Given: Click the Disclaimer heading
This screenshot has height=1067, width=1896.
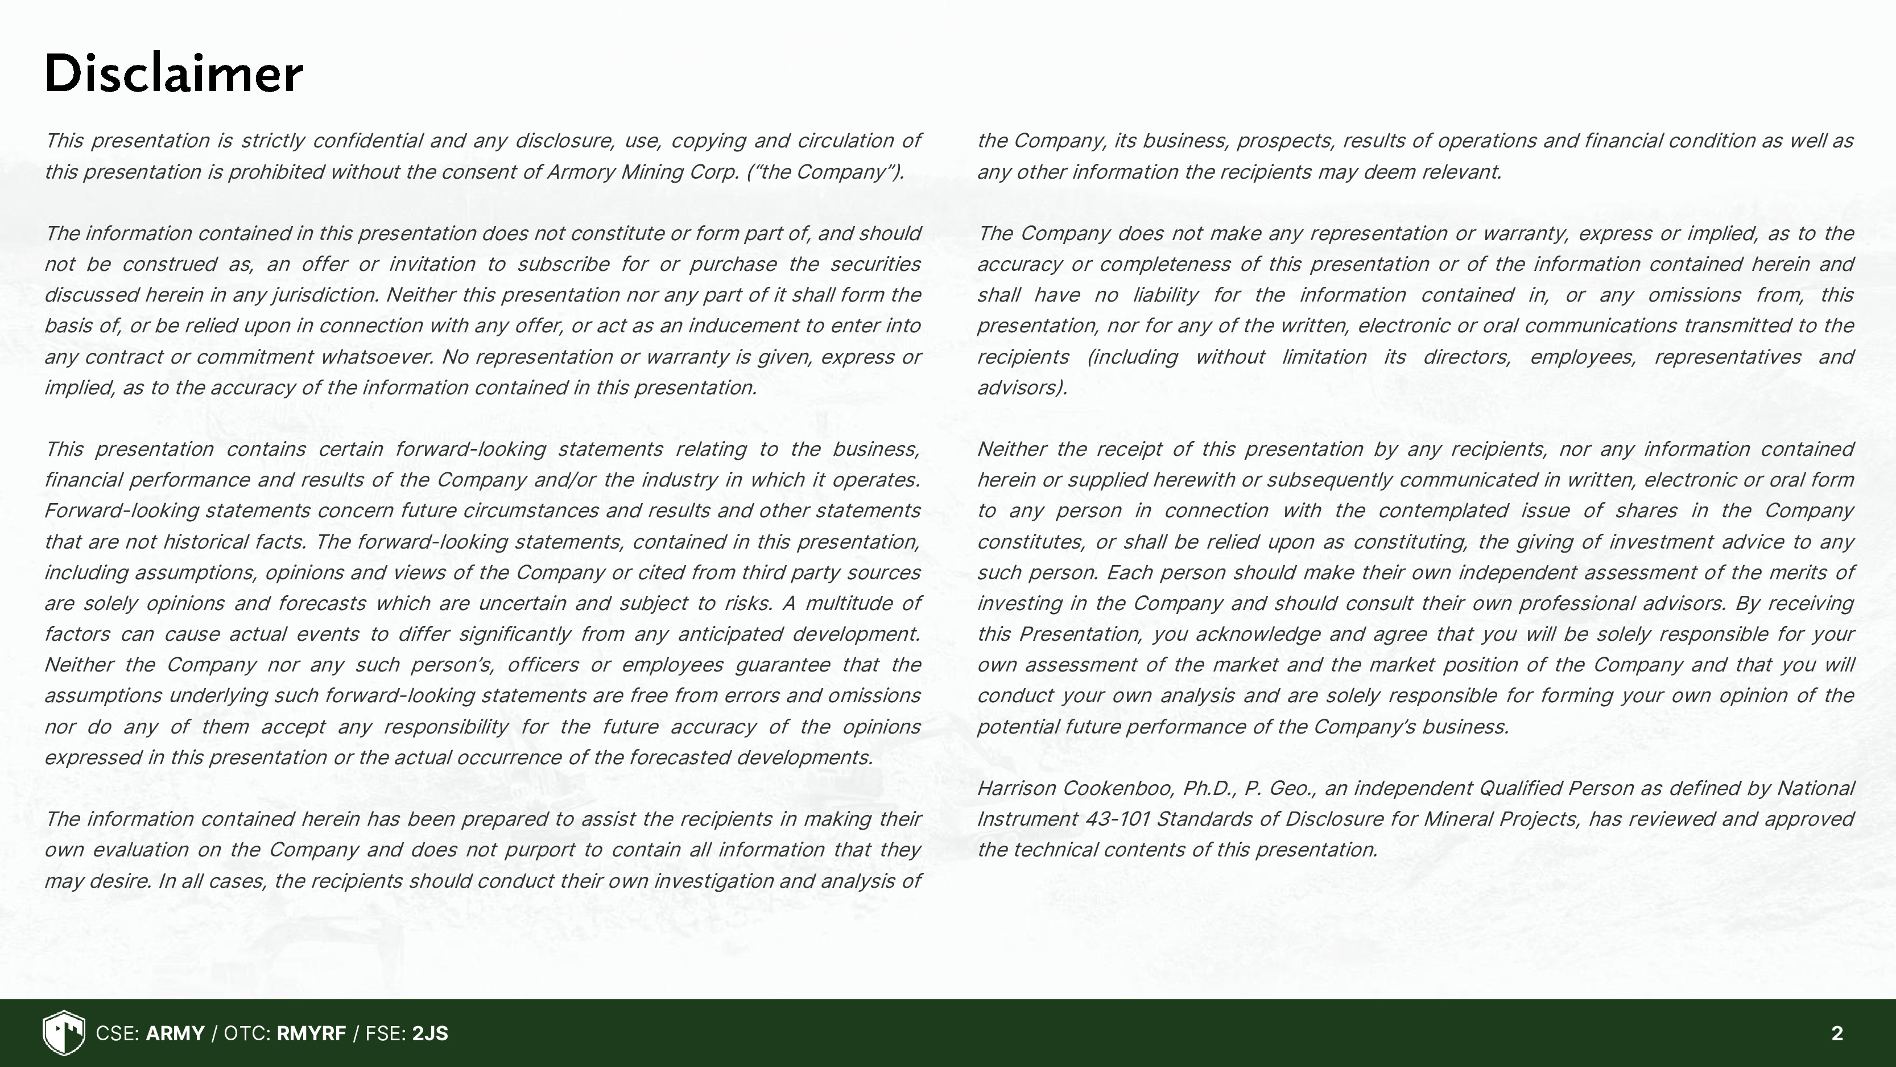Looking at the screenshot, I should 174,73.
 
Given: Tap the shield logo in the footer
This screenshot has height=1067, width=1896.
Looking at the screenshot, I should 64,1033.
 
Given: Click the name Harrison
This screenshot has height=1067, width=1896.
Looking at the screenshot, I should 1017,789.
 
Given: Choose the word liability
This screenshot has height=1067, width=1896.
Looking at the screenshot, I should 1165,295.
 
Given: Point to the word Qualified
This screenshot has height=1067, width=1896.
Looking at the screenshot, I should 1520,789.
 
